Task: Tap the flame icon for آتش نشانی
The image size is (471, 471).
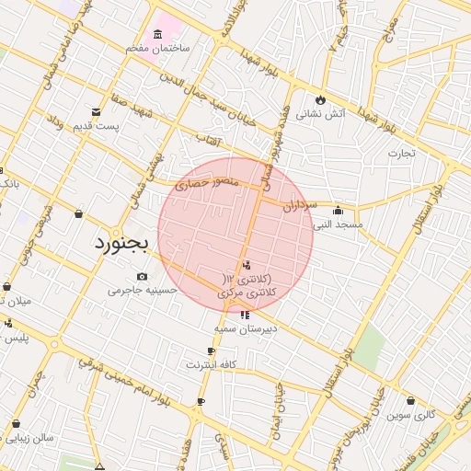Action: point(319,99)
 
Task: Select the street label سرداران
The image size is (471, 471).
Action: point(300,203)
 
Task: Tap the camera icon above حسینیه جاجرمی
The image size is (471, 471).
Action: point(142,276)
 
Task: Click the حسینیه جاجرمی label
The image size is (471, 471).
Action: point(141,291)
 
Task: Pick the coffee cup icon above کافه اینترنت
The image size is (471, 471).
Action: point(212,350)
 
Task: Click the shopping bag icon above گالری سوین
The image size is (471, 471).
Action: point(409,401)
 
